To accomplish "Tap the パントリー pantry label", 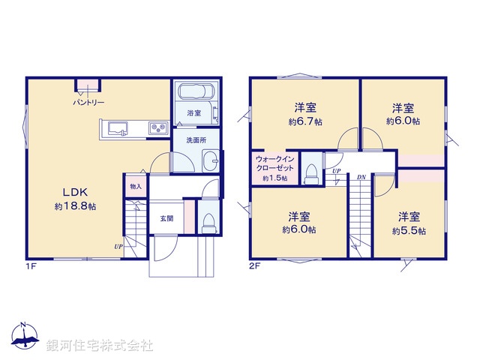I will pos(88,102).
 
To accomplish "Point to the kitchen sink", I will pos(118,129).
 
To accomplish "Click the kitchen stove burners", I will pos(157,129).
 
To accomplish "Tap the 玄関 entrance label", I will pos(166,218).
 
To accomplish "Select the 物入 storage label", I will pos(135,186).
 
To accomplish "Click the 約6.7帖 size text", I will pos(305,121).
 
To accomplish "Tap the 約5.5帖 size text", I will pos(409,231).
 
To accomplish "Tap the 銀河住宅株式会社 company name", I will pos(99,346).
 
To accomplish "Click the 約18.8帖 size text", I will pos(68,205).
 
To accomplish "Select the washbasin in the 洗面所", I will pos(212,160).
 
